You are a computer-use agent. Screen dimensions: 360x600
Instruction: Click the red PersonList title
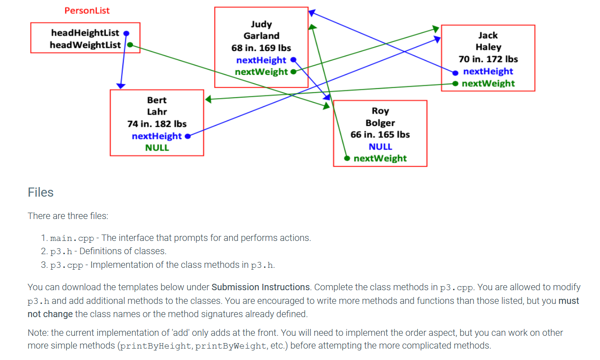(x=87, y=10)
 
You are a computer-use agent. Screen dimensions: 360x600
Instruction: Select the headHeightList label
(x=85, y=33)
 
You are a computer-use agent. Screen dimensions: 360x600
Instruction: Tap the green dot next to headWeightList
(x=130, y=45)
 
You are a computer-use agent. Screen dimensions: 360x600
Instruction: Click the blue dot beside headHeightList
(x=126, y=33)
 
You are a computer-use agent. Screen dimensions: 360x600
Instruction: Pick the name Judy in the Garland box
(x=261, y=24)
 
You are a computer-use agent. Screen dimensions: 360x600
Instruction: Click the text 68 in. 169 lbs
(x=261, y=48)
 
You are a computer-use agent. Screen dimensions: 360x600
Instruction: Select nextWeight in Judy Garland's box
(x=261, y=72)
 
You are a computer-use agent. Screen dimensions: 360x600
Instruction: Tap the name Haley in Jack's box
(x=488, y=47)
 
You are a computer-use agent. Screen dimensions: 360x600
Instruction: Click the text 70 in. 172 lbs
(x=488, y=59)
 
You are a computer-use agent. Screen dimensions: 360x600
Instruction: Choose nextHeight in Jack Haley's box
(x=488, y=71)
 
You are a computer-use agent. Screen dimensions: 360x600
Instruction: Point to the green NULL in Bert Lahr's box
(x=157, y=148)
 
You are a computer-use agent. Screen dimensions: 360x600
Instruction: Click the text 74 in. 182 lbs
(x=157, y=124)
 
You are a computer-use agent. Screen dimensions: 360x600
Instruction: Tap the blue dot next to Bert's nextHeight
(x=187, y=136)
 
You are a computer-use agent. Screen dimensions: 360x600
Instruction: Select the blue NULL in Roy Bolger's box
(x=380, y=146)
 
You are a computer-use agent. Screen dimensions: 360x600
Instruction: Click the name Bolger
(x=380, y=123)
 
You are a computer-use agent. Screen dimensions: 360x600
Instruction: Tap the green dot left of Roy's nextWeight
(x=347, y=158)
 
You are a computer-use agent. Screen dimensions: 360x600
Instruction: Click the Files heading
(x=41, y=193)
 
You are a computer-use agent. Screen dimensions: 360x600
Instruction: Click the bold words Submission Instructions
(x=261, y=287)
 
